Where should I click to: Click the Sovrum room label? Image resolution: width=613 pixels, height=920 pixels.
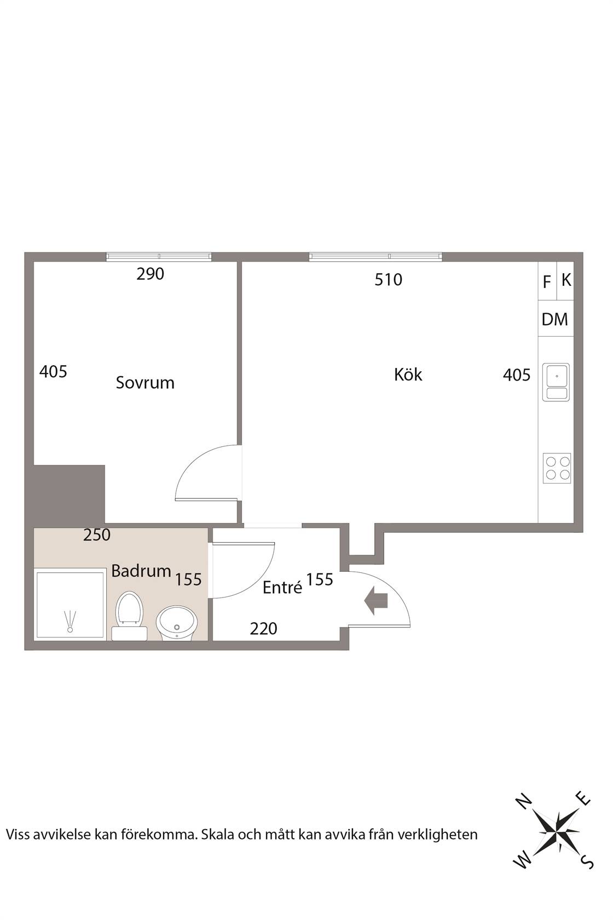pyautogui.click(x=145, y=383)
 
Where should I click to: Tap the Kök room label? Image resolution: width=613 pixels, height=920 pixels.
pyautogui.click(x=408, y=374)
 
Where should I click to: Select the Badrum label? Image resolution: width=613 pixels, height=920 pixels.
pyautogui.click(x=141, y=571)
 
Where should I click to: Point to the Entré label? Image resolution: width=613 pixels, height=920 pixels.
pyautogui.click(x=282, y=587)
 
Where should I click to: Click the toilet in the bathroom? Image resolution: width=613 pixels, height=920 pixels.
pyautogui.click(x=129, y=616)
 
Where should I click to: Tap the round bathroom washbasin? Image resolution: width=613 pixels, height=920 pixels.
pyautogui.click(x=177, y=623)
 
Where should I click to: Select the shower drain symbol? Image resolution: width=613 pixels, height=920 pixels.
pyautogui.click(x=70, y=622)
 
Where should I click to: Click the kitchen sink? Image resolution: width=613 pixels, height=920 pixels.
pyautogui.click(x=556, y=382)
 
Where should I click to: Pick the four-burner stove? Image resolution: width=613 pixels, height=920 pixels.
pyautogui.click(x=557, y=468)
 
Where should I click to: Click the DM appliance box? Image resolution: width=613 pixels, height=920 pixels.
pyautogui.click(x=556, y=319)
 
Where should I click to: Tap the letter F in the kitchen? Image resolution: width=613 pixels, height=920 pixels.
pyautogui.click(x=546, y=282)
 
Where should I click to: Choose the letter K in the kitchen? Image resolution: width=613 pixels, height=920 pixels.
pyautogui.click(x=566, y=280)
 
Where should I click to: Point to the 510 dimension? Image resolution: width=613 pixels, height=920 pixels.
pyautogui.click(x=388, y=280)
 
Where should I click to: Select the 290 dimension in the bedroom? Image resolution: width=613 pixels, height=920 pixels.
pyautogui.click(x=151, y=274)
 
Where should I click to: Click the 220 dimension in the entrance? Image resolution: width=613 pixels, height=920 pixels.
pyautogui.click(x=264, y=629)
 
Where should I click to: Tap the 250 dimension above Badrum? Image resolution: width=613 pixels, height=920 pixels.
pyautogui.click(x=97, y=534)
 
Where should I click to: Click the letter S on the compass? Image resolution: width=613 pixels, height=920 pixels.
pyautogui.click(x=588, y=863)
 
